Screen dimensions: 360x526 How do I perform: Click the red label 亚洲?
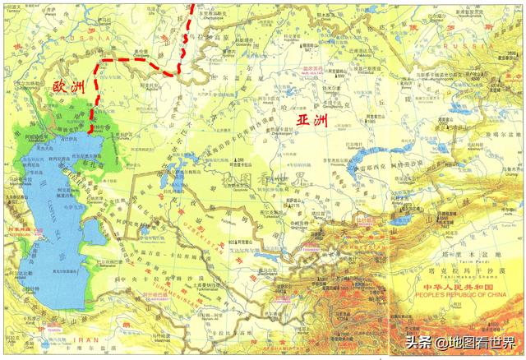311,122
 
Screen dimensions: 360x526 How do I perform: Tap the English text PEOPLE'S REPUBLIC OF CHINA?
456,293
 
